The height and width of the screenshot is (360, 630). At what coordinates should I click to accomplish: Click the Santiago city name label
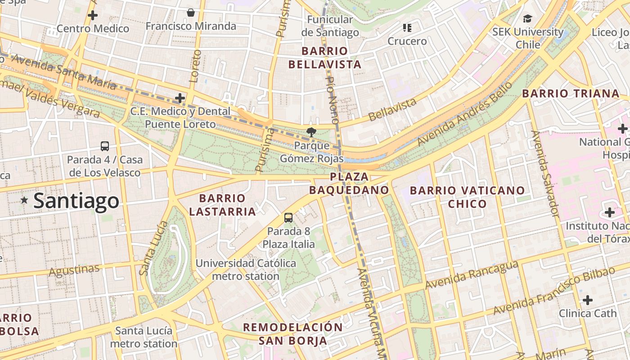[x=76, y=201]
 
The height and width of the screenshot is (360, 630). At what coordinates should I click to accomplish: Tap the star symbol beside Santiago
[x=24, y=200]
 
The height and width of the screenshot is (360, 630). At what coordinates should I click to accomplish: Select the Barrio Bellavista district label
[x=325, y=58]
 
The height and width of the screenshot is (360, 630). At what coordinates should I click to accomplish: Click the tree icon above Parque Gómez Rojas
[x=310, y=132]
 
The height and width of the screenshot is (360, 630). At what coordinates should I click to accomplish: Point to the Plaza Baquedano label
[x=349, y=183]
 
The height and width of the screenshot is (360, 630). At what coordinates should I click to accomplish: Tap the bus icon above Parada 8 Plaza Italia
[x=288, y=218]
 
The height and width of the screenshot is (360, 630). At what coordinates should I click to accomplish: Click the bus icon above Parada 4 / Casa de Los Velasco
[x=105, y=146]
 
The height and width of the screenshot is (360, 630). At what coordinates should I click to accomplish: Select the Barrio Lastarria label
[x=222, y=205]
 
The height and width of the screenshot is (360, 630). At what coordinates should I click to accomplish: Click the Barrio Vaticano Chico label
[x=467, y=197]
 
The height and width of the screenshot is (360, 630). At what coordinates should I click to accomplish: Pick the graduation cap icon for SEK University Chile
[x=527, y=18]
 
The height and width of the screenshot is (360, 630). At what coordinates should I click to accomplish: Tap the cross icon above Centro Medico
[x=93, y=15]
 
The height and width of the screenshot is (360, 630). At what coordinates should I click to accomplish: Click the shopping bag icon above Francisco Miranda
[x=191, y=13]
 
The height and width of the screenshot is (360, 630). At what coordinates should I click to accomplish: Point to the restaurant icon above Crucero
[x=407, y=28]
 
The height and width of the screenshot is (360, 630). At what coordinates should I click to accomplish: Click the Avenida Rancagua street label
[x=472, y=275]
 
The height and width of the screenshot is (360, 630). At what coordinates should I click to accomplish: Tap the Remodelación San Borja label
[x=293, y=333]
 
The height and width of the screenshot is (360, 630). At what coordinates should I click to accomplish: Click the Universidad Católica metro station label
[x=246, y=270]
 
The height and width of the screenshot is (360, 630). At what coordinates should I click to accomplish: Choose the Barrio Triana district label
[x=571, y=94]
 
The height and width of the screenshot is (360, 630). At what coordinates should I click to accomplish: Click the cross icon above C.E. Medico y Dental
[x=180, y=98]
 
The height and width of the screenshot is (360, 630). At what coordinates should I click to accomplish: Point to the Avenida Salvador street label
[x=545, y=174]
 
